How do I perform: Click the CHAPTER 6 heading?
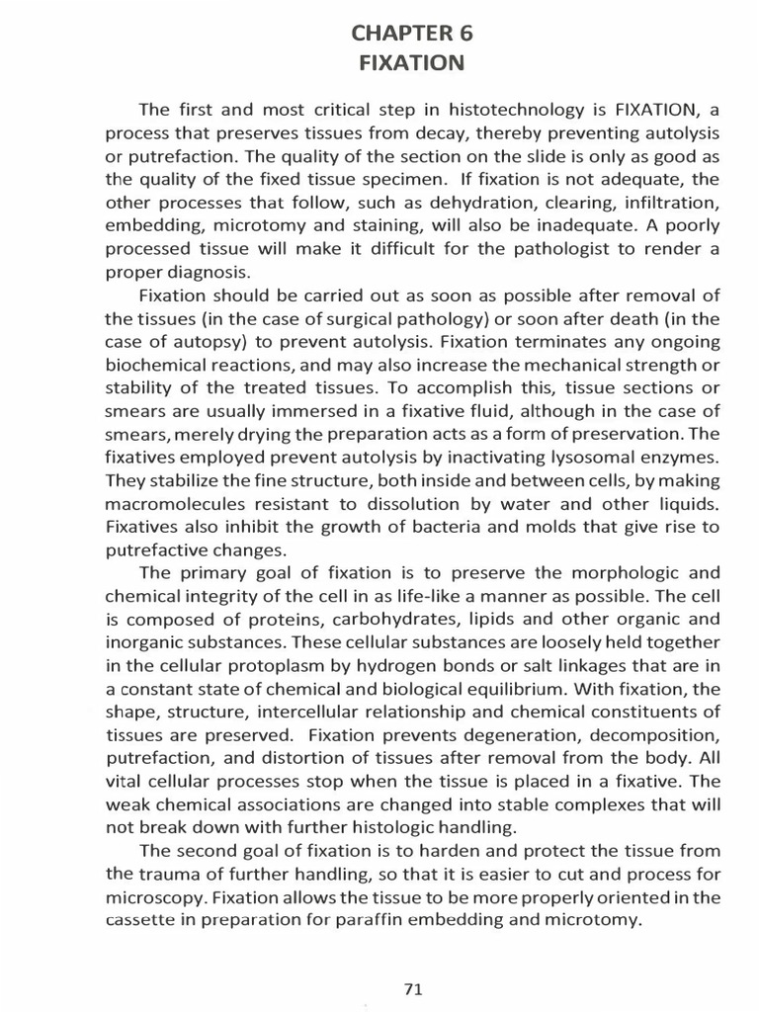coord(412,34)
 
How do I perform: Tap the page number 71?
coord(414,961)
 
